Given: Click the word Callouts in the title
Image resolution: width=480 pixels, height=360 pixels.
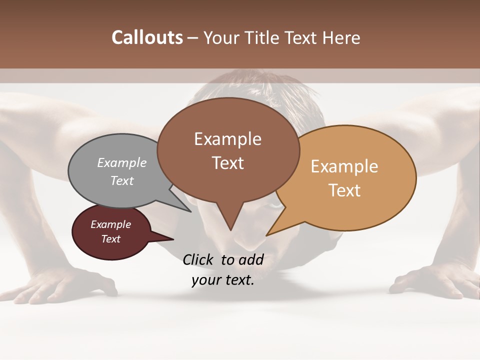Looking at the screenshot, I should click(x=147, y=37).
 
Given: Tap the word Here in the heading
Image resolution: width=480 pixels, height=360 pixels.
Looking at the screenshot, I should click(x=341, y=37).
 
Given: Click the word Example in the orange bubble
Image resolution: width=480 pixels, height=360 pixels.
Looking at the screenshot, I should click(x=344, y=166).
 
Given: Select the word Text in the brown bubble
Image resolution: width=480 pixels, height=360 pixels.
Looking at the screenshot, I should click(x=228, y=163).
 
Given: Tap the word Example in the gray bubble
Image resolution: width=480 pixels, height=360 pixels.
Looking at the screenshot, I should click(x=122, y=163).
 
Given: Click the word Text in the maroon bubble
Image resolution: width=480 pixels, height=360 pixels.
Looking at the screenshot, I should click(x=111, y=239).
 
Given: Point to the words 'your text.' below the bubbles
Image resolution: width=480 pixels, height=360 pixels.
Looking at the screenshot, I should click(x=223, y=280).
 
